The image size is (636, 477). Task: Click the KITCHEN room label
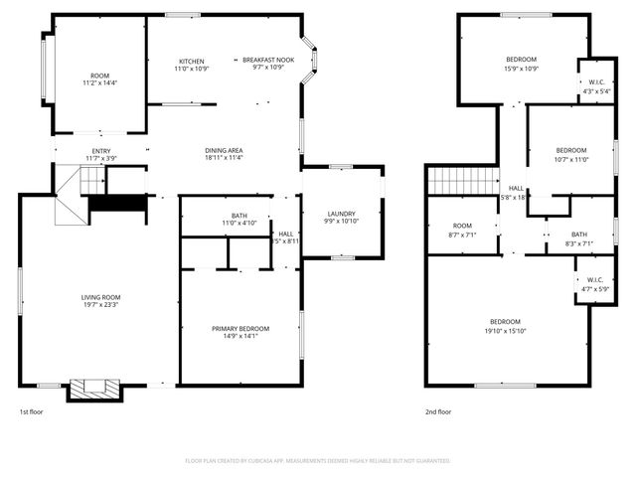(192, 61)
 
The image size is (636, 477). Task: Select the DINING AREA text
(224, 150)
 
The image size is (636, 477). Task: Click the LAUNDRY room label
(342, 214)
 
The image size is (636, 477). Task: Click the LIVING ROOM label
(100, 297)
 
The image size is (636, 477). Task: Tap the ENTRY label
(100, 151)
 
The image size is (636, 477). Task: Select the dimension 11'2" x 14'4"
(100, 84)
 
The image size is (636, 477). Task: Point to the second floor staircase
(462, 181)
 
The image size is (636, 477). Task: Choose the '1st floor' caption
(31, 411)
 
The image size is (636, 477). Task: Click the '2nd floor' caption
(438, 411)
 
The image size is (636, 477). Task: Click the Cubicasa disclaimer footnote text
(318, 461)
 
